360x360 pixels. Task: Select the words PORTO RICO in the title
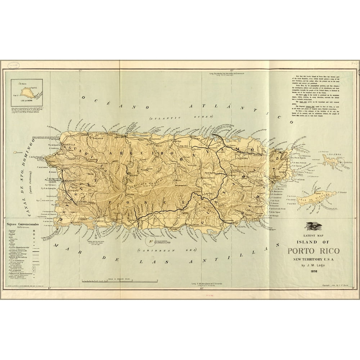[313, 251]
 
